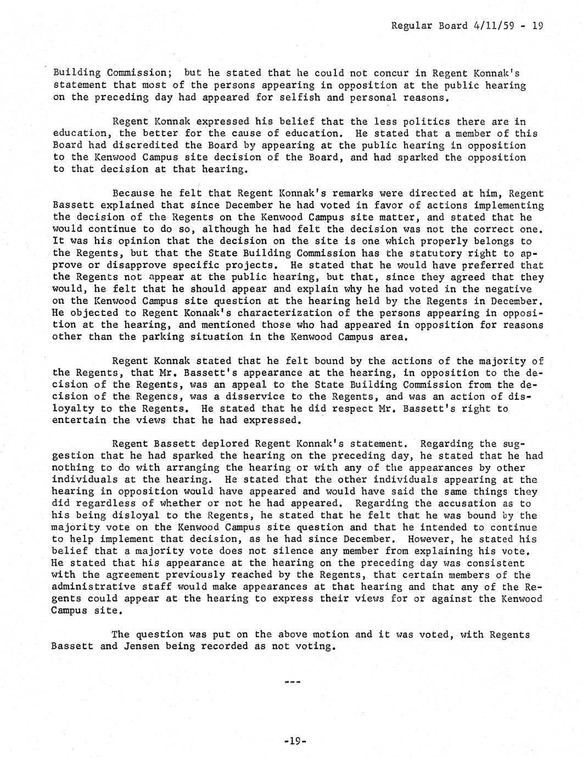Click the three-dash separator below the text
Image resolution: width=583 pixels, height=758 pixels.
(x=293, y=682)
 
